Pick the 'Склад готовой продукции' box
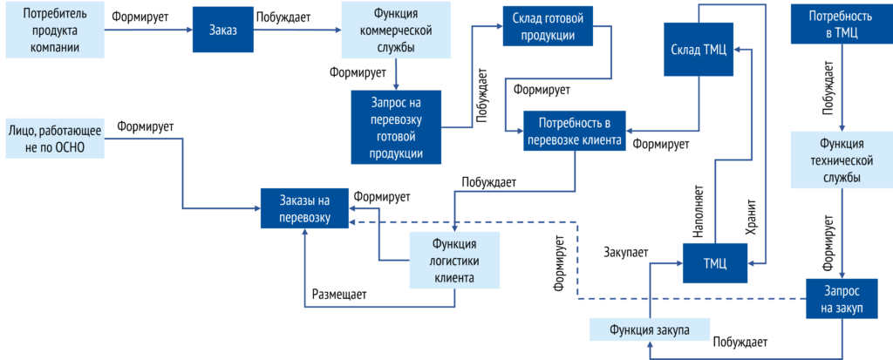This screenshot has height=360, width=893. click(x=548, y=26)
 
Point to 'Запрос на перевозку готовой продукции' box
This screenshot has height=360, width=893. click(x=396, y=126)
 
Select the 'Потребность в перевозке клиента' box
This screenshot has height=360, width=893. click(x=574, y=131)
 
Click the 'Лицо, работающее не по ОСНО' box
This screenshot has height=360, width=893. click(x=55, y=139)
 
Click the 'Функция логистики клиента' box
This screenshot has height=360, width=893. click(x=454, y=260)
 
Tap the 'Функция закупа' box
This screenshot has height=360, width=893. click(x=649, y=329)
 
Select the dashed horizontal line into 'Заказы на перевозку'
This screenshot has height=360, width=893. click(x=462, y=222)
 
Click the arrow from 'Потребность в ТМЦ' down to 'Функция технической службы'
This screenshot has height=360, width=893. click(x=842, y=87)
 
